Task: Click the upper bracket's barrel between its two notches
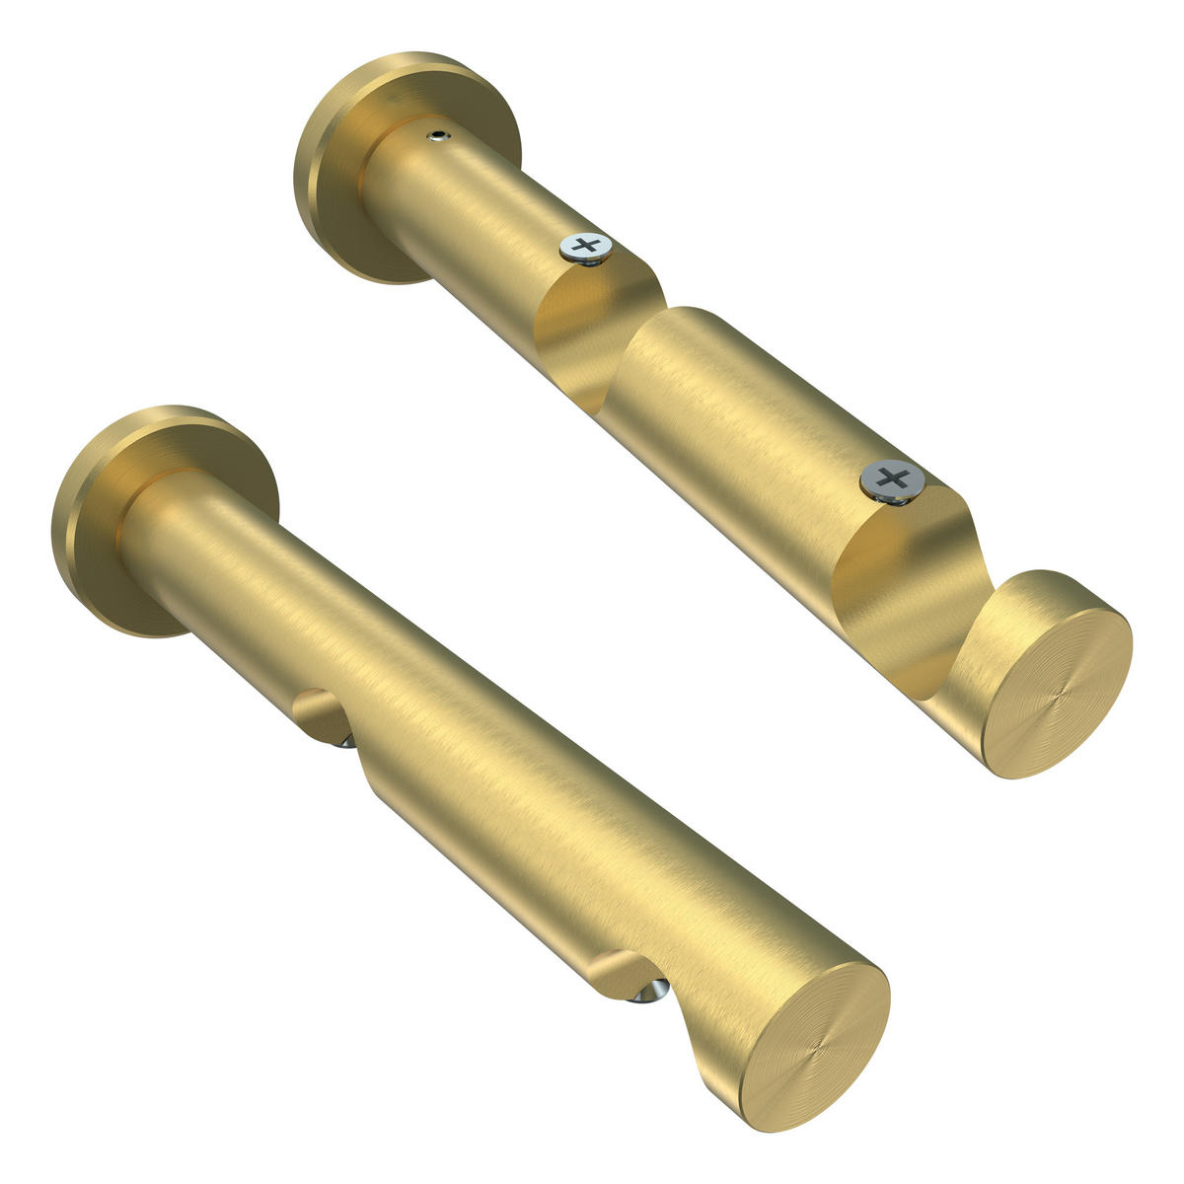pos(740,414)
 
